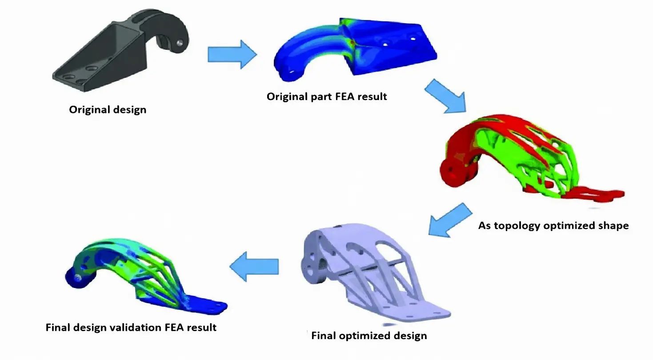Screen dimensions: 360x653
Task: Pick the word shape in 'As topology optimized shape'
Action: click(615, 226)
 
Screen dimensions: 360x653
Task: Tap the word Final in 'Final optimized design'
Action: click(324, 336)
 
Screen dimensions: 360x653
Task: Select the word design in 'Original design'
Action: click(128, 110)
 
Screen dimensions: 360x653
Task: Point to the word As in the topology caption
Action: click(485, 226)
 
